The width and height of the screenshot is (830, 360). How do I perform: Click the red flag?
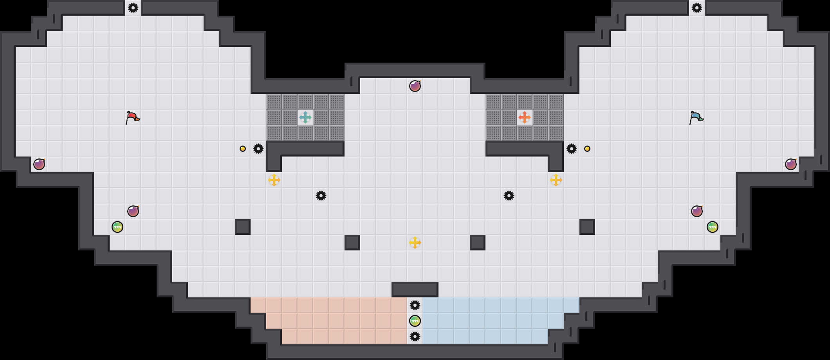tap(132, 117)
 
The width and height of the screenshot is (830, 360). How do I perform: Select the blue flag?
tap(696, 117)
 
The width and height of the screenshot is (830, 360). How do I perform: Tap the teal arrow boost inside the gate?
tap(305, 117)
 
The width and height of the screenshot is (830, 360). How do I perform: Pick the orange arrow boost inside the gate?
tap(525, 117)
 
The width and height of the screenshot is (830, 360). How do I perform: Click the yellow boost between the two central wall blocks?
tap(415, 243)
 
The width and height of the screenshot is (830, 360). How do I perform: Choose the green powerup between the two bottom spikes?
tap(415, 321)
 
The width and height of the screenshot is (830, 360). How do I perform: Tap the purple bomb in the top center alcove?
tap(415, 86)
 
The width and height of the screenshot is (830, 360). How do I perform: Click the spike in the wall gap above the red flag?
tap(133, 8)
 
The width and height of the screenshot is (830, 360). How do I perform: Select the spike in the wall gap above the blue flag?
tap(697, 8)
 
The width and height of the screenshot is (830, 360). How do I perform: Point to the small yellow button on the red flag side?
tap(243, 149)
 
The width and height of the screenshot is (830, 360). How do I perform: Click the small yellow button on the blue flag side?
tap(587, 149)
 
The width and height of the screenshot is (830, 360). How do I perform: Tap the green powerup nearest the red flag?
tap(117, 227)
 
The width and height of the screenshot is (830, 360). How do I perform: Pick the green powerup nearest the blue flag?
tap(713, 227)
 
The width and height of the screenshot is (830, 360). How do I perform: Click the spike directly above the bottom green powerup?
tap(415, 305)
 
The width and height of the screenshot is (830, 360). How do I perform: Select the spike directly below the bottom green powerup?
tap(415, 337)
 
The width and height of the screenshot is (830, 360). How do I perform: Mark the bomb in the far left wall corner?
tap(39, 164)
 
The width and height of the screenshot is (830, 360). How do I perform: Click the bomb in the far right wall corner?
tap(791, 164)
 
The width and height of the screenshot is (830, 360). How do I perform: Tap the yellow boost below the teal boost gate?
tap(274, 180)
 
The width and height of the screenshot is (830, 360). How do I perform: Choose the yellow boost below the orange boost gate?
tap(556, 180)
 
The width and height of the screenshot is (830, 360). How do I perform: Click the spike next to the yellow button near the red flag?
tap(258, 149)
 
